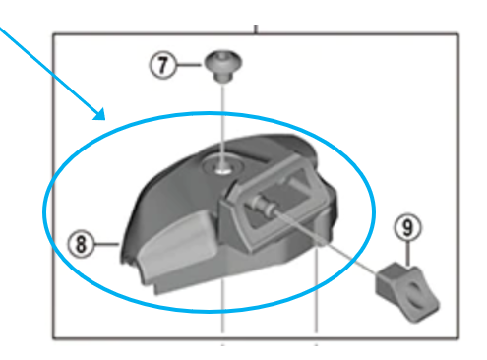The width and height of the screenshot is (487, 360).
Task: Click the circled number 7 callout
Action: point(163,65)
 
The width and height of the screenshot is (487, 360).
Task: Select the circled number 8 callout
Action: point(81,244)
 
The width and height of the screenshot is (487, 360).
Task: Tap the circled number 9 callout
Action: point(407,227)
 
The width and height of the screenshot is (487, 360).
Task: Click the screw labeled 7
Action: point(223,66)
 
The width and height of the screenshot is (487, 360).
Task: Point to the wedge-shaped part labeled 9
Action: point(406,292)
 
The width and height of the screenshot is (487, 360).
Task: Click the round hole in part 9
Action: point(416,296)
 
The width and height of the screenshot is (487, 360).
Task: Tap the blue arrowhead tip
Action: point(105,120)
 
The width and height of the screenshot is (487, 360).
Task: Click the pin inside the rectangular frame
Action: point(263,206)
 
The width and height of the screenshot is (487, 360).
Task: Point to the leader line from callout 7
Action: point(189,65)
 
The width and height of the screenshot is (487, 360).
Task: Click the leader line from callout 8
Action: point(106,244)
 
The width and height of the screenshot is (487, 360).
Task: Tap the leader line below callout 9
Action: point(407,253)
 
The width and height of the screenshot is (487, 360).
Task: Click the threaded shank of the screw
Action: point(223,77)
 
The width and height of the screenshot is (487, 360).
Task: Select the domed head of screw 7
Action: point(223,61)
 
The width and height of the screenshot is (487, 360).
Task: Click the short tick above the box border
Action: point(256,29)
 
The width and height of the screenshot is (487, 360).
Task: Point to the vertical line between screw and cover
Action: point(223,125)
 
